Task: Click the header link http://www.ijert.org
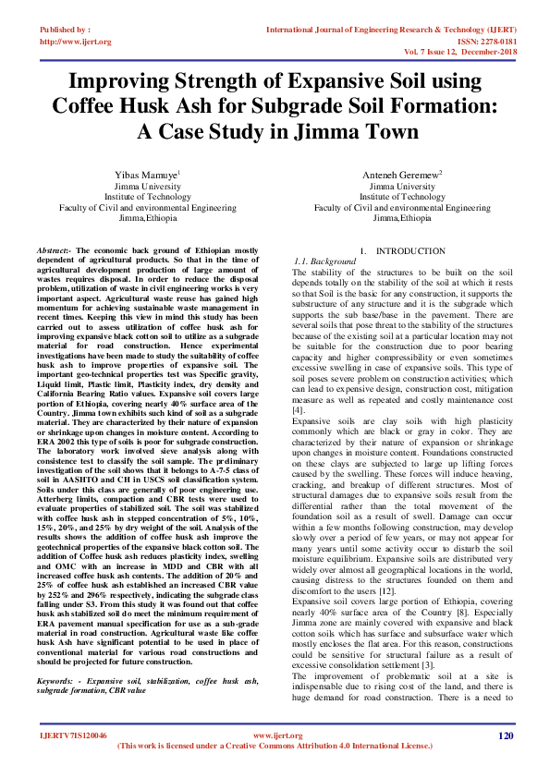pos(76,42)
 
